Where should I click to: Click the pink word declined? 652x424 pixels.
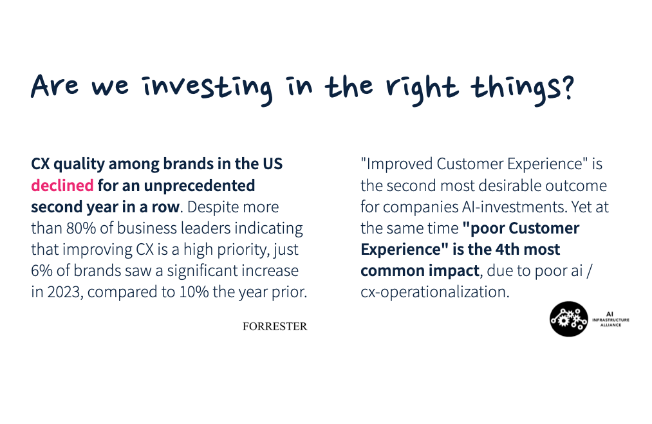pos(62,185)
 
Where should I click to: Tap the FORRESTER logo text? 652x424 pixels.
pos(275,326)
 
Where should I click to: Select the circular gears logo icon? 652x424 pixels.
pos(568,319)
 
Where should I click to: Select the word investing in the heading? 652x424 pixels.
pos(207,88)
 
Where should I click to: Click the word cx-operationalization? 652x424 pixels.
pos(435,292)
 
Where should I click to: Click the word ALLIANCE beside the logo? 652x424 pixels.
pos(611,325)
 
